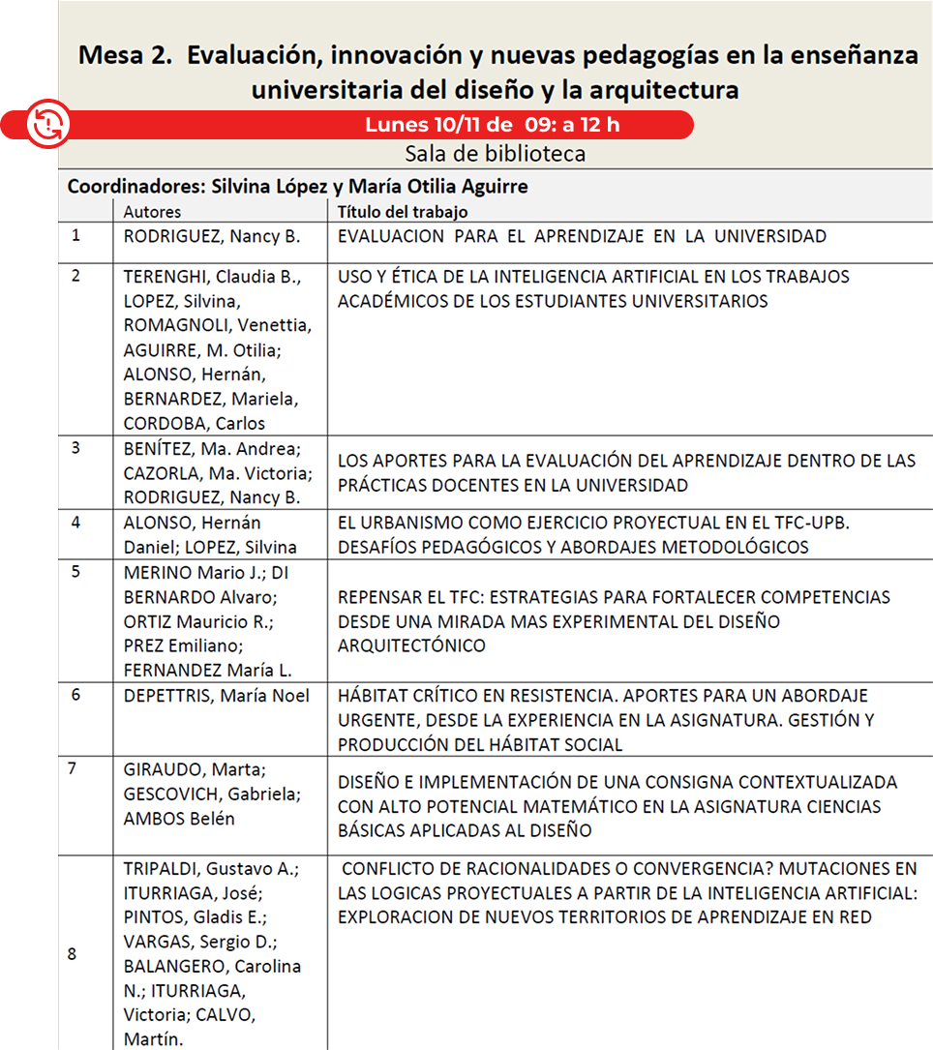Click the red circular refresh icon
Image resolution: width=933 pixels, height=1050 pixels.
pos(45,123)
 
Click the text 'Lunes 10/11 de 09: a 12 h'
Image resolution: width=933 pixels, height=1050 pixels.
pos(493,125)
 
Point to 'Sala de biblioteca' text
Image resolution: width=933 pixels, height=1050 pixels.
pos(495,154)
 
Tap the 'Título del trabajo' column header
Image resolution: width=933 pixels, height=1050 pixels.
pos(403,211)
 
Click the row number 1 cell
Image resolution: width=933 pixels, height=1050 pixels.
pos(76,234)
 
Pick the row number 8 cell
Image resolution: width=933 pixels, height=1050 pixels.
pos(72,954)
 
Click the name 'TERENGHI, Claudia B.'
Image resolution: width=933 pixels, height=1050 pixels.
pos(212,277)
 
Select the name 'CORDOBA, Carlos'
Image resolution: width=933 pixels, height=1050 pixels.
pos(195,423)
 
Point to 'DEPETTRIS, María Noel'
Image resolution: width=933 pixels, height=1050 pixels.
pos(217,696)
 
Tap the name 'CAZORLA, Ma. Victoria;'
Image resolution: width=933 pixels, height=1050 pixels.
pos(218,474)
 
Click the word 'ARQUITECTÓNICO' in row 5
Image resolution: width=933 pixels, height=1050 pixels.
pos(411,645)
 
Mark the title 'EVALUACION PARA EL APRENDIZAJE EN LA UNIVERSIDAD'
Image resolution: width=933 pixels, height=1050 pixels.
pos(582,236)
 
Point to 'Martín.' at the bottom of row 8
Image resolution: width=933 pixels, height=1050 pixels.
pos(153,1039)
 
